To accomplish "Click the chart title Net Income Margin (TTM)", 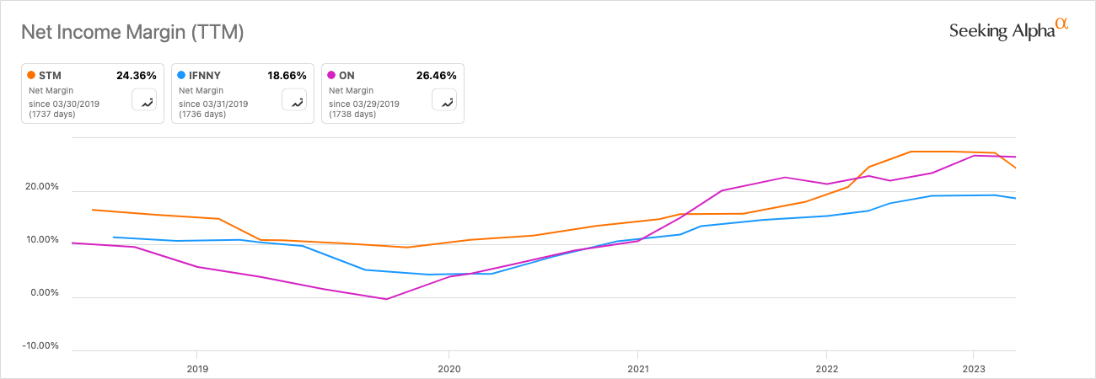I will point(132,33).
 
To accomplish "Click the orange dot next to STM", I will point(31,75).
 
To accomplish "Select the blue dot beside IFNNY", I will point(181,75).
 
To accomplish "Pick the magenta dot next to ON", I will point(331,75).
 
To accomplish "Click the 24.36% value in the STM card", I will point(136,75).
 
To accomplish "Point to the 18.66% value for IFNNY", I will point(286,75).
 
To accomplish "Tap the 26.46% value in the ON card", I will point(436,75).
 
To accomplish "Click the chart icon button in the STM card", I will point(146,101).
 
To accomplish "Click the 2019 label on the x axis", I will point(196,367).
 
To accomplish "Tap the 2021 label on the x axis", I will point(637,367).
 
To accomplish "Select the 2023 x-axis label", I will point(974,367).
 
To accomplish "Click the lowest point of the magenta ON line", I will point(386,299).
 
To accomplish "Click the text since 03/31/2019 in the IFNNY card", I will point(213,104).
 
